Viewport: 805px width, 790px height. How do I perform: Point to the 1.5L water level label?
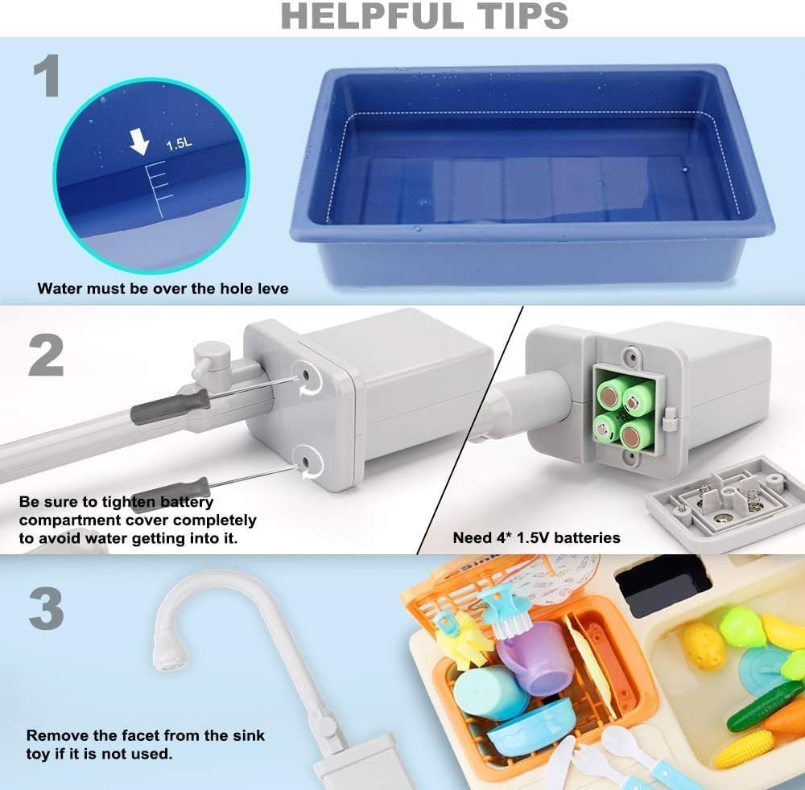tap(178, 146)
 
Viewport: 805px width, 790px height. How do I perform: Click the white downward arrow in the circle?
tap(140, 143)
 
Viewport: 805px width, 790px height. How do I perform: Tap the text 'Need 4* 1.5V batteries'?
tap(536, 537)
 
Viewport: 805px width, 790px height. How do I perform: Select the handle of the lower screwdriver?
tap(170, 490)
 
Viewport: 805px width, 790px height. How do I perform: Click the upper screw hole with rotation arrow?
tap(308, 375)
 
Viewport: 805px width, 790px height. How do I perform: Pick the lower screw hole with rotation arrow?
tap(308, 461)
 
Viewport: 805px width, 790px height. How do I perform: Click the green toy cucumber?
tap(764, 705)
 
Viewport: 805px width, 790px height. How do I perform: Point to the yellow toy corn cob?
tap(744, 749)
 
